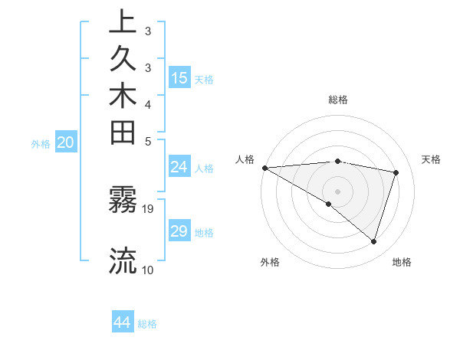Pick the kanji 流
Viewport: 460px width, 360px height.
(123, 261)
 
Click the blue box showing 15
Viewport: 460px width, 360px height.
(179, 77)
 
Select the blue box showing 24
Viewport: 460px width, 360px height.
(179, 167)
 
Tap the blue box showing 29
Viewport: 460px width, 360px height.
(179, 231)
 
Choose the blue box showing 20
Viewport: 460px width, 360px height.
(66, 142)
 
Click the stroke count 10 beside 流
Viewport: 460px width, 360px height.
(148, 270)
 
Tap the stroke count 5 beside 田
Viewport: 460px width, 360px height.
(148, 141)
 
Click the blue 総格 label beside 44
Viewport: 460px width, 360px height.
(147, 324)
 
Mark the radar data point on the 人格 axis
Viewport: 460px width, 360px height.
(264, 167)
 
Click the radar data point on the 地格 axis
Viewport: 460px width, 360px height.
(373, 242)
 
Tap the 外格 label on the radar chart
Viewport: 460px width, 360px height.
(269, 263)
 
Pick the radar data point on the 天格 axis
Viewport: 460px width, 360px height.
(396, 172)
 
